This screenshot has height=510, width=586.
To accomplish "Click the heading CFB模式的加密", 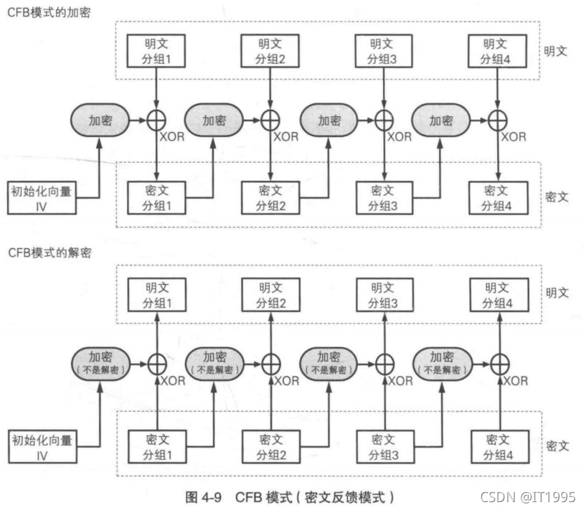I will pyautogui.click(x=49, y=13).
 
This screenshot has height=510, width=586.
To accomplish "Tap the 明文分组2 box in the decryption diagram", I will pyautogui.click(x=270, y=294).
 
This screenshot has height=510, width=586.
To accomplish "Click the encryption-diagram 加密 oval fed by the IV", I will pyautogui.click(x=99, y=121).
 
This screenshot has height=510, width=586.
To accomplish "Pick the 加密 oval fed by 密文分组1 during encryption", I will pyautogui.click(x=214, y=121).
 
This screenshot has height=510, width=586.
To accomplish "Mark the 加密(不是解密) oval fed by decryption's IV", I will pyautogui.click(x=99, y=363).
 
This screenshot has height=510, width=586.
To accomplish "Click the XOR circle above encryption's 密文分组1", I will pyautogui.click(x=156, y=121).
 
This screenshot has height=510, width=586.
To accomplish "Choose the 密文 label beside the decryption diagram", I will pyautogui.click(x=557, y=445).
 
